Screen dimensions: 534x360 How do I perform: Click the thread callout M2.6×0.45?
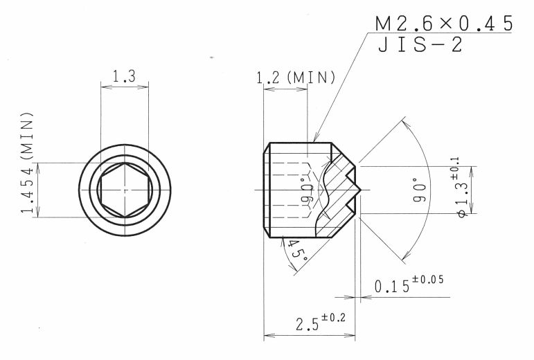444,24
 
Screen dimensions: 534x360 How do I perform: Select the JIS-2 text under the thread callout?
420,44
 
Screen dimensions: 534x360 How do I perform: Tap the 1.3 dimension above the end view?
124,76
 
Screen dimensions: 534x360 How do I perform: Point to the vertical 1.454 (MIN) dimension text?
28,162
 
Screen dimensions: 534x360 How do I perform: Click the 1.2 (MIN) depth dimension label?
296,78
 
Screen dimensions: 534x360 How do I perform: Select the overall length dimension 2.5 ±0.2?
320,322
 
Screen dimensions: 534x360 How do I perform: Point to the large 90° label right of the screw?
420,190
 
